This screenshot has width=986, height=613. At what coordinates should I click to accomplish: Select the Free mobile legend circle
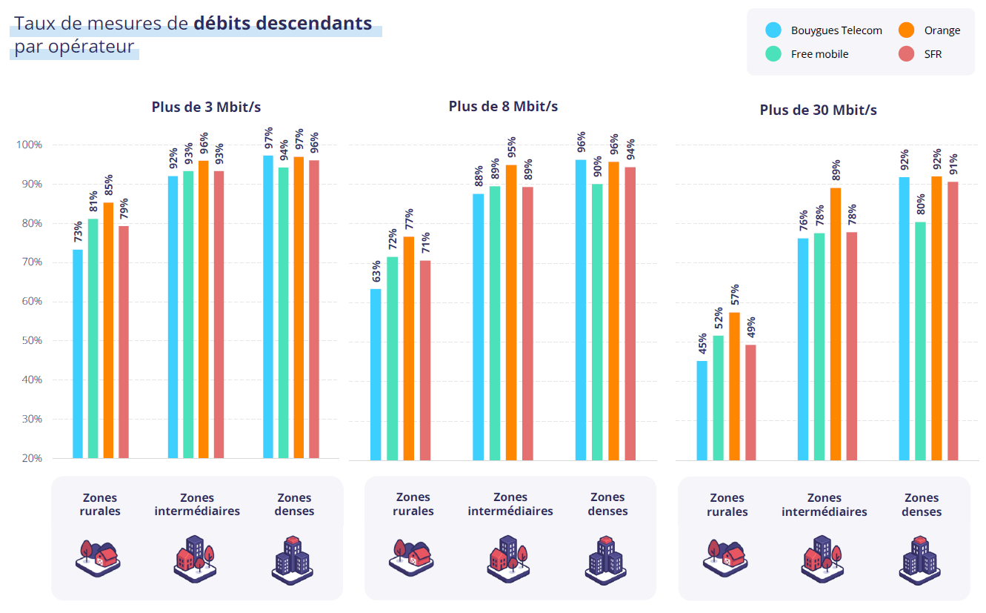(x=773, y=53)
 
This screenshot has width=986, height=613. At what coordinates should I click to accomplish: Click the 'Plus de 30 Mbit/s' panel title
(x=818, y=110)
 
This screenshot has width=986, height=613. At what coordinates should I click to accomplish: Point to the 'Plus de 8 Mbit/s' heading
(x=503, y=107)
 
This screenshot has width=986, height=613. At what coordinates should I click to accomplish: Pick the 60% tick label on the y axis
(x=30, y=302)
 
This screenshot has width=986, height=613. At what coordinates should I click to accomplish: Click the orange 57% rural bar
(x=734, y=385)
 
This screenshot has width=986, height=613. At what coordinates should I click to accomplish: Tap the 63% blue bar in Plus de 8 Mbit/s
(x=376, y=374)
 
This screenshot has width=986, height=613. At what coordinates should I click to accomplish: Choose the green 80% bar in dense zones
(x=920, y=340)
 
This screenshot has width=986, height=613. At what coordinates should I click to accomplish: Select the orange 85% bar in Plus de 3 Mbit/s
(x=108, y=330)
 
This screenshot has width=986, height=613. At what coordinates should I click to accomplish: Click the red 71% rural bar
(x=425, y=359)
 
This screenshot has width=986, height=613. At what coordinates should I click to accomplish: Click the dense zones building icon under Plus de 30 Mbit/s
(x=921, y=558)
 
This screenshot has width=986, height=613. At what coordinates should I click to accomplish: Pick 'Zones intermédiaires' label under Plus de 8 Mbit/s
(x=510, y=504)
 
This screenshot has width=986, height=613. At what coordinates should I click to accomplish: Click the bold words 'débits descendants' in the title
(x=283, y=23)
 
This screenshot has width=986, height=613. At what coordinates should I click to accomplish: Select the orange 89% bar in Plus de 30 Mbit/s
(x=835, y=324)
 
